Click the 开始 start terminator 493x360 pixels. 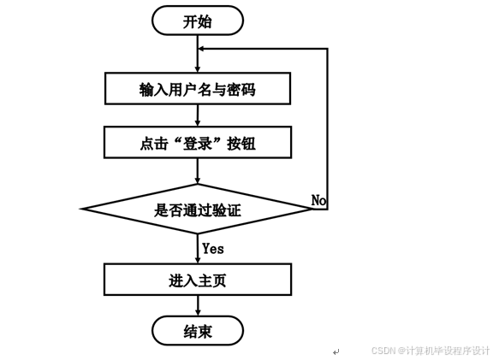pyautogui.click(x=198, y=21)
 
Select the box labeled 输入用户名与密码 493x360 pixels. pyautogui.click(x=198, y=88)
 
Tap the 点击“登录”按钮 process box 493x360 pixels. pyautogui.click(x=198, y=144)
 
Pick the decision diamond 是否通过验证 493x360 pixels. pyautogui.click(x=198, y=209)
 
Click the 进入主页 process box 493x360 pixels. pyautogui.click(x=198, y=280)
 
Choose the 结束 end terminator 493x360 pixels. pyautogui.click(x=198, y=331)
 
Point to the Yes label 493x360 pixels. pyautogui.click(x=213, y=248)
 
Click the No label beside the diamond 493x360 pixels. pyautogui.click(x=318, y=200)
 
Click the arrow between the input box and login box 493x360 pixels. pyautogui.click(x=198, y=116)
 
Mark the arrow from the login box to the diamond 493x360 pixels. pyautogui.click(x=198, y=171)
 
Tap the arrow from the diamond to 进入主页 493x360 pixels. pyautogui.click(x=198, y=249)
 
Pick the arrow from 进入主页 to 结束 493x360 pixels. pyautogui.click(x=198, y=306)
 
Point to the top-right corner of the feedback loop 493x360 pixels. pyautogui.click(x=327, y=50)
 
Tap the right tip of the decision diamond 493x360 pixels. pyautogui.click(x=313, y=209)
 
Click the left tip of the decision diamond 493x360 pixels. pyautogui.click(x=82, y=209)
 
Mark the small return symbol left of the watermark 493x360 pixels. pyautogui.click(x=336, y=351)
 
